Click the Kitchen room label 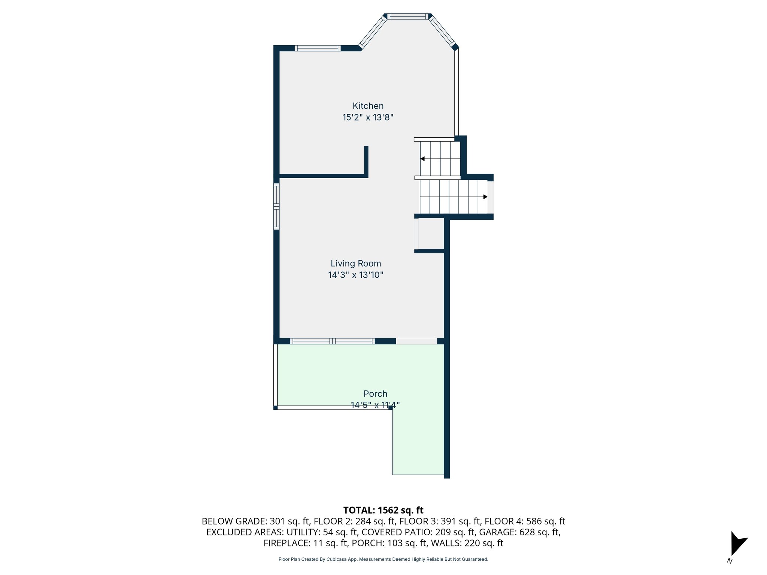tap(368, 106)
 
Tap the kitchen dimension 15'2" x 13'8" tap(368, 118)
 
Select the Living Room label tap(356, 264)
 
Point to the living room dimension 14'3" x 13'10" tap(356, 275)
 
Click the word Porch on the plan tap(375, 394)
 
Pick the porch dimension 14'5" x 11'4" tap(375, 405)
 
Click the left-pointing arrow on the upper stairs tap(422, 159)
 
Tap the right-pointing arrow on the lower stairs tap(485, 197)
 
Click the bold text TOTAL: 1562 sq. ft tap(383, 510)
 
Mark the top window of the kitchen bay tap(407, 16)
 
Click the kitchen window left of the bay tap(318, 48)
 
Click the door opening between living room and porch tap(416, 341)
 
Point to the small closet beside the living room tap(431, 234)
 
